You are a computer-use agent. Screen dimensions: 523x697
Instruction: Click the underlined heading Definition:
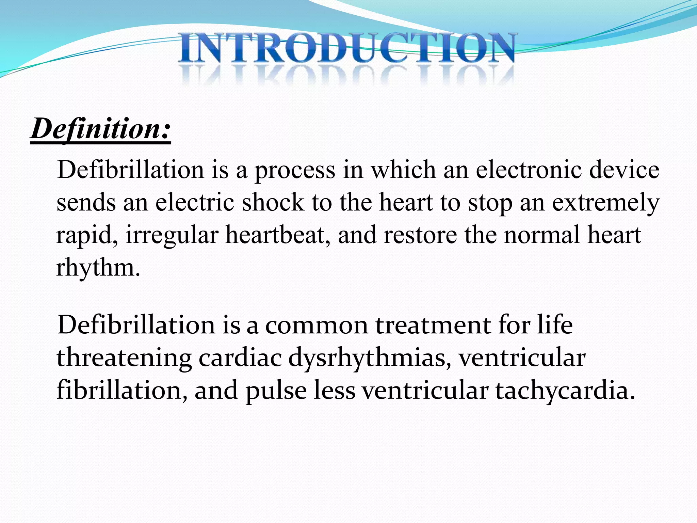[101, 129]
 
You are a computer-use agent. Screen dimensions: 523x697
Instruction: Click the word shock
[273, 202]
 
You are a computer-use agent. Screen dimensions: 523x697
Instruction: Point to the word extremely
[605, 203]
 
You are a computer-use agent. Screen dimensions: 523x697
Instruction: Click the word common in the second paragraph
[317, 325]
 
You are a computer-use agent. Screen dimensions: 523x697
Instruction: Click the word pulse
[276, 391]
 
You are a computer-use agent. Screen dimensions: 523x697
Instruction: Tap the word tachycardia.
[565, 391]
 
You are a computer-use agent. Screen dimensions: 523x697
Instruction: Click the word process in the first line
[295, 170]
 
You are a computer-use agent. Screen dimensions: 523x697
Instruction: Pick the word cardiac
[240, 358]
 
